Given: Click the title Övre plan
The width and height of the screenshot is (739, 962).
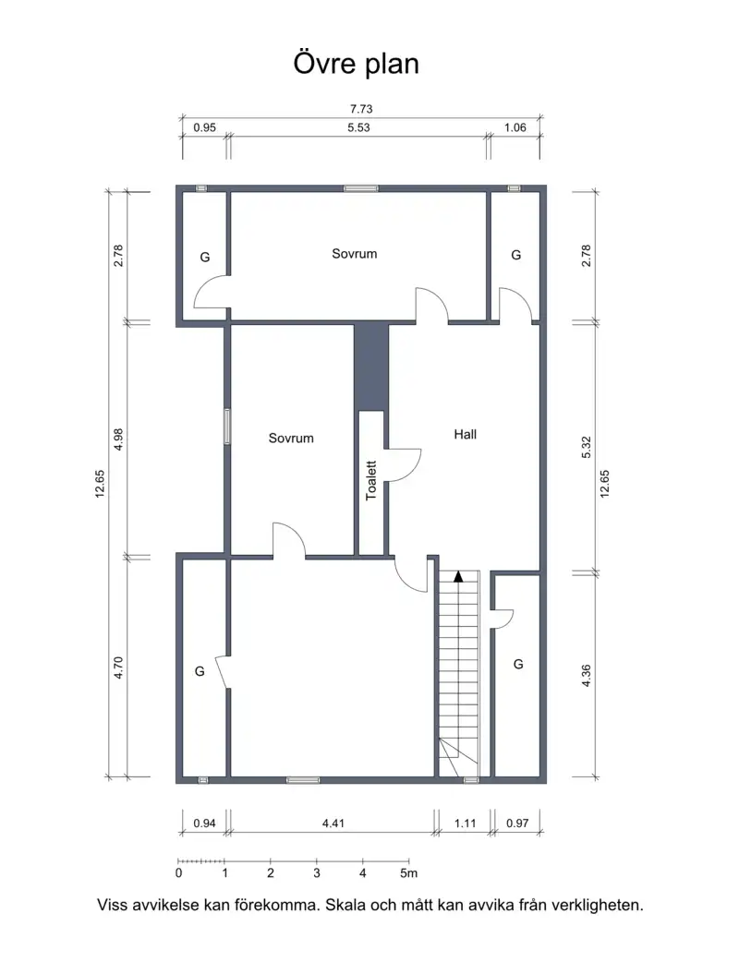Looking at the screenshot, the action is coord(356,65).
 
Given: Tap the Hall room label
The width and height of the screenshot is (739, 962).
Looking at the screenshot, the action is coord(466,434).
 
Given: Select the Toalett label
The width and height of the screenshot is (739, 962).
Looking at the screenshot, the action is coord(370,480).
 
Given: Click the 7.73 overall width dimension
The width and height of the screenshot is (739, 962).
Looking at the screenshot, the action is coord(361,109).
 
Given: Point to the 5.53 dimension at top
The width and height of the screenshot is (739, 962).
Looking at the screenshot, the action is coord(358,127).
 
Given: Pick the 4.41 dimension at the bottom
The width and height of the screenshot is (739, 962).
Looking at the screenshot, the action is coord(333,824).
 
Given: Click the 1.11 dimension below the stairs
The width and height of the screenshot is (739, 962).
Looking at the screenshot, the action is coord(466,824).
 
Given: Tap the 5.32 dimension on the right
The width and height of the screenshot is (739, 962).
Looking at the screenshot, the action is coord(587,447).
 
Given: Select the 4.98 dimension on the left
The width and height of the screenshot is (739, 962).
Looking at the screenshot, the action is coord(119,439).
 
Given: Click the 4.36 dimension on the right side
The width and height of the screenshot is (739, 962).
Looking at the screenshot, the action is coord(587,676).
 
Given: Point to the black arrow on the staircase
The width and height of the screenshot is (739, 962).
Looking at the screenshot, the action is coord(458,576).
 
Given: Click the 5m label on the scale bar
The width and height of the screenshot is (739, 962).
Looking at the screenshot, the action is coord(409,873).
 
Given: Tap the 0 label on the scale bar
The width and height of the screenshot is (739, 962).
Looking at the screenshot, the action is coord(178,873).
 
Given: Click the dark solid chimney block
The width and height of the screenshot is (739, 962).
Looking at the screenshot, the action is coord(371,367).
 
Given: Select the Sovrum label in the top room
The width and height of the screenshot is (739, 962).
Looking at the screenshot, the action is coord(354,254).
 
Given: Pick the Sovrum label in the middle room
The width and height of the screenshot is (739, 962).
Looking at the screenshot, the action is coord(291,438).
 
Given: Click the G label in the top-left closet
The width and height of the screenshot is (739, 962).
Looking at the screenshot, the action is coord(205,257).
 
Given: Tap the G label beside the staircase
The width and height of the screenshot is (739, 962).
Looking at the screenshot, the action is coord(518,664).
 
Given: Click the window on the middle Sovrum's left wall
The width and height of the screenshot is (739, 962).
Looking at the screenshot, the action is coord(227,427).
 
